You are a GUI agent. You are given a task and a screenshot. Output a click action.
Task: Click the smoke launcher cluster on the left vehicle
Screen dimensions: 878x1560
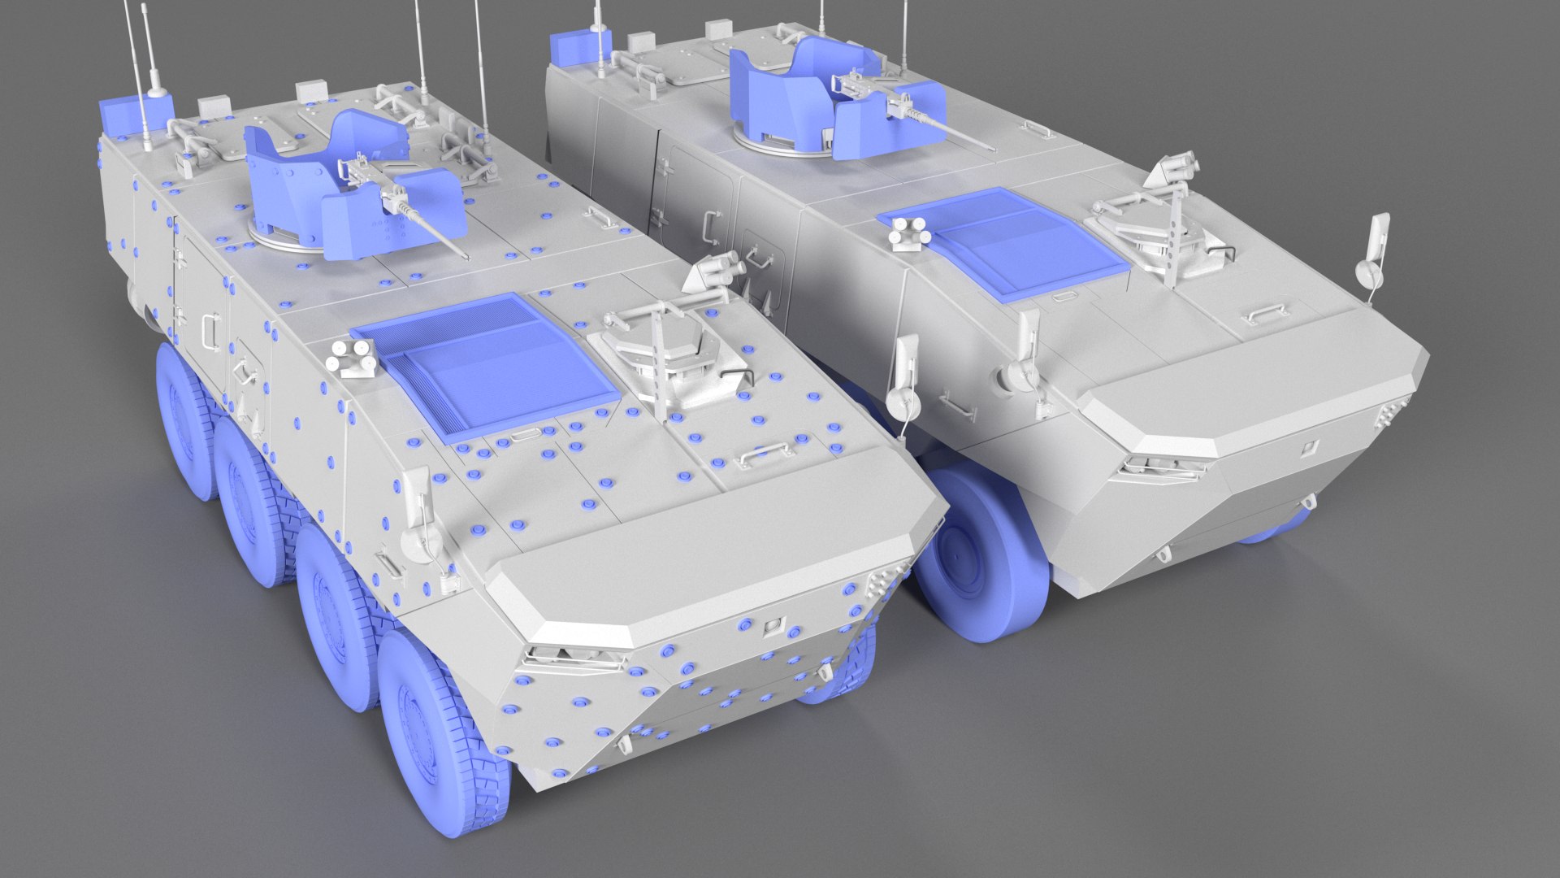[351, 357]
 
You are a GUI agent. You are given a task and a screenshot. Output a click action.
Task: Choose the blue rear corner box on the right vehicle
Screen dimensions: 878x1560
[572, 49]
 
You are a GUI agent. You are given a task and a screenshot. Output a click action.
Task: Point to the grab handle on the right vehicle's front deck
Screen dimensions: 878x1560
[1264, 311]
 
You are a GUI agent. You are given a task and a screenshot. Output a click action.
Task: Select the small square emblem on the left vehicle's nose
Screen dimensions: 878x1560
[772, 624]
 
